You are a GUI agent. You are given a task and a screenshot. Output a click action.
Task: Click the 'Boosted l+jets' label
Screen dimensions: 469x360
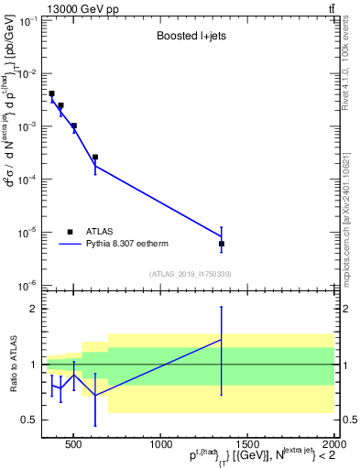point(189,38)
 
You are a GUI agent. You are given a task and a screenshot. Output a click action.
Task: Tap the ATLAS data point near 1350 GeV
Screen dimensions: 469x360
point(222,244)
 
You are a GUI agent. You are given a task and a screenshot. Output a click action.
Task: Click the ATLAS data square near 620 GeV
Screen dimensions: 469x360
point(95,158)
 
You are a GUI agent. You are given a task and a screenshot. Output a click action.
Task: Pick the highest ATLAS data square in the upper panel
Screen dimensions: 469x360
point(52,93)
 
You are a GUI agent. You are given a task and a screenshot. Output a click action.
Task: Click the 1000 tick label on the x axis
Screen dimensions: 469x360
point(159,445)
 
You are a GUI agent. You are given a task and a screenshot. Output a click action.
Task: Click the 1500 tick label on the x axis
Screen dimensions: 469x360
point(245,445)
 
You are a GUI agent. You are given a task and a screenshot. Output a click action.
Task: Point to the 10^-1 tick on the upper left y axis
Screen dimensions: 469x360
point(27,20)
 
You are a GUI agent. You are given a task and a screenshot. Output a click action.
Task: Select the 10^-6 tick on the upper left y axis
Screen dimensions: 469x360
point(27,286)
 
